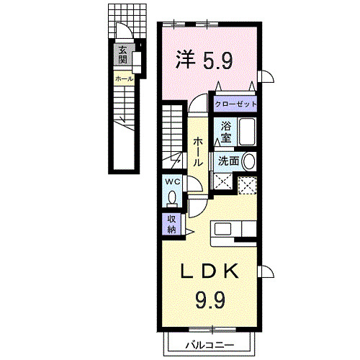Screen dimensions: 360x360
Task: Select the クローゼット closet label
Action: click(235, 103)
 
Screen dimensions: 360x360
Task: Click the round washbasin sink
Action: click(249, 161)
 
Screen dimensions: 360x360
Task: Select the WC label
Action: click(173, 182)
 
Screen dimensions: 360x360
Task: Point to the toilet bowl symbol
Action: click(173, 197)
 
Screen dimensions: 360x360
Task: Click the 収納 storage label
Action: click(172, 225)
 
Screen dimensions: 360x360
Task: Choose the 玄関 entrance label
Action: click(123, 54)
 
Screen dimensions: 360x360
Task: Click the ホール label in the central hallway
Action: click(197, 151)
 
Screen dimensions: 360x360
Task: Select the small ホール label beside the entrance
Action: click(123, 77)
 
